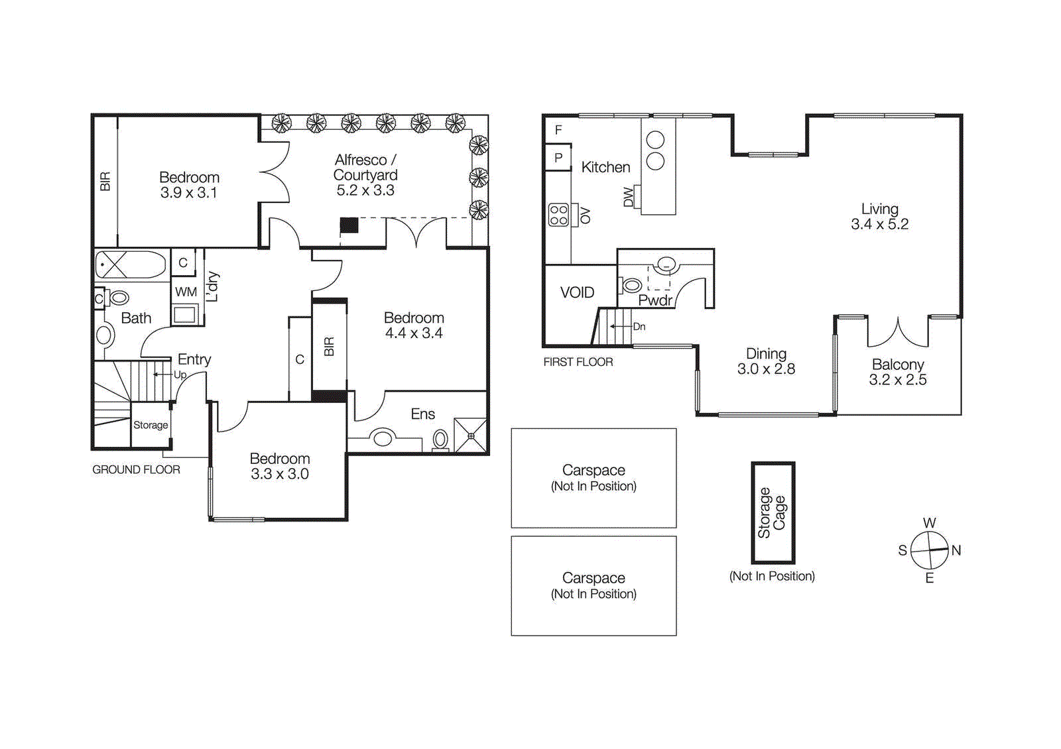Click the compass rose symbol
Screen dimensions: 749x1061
(x=930, y=550)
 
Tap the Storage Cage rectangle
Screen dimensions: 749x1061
(x=773, y=512)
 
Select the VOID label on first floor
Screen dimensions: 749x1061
(x=577, y=292)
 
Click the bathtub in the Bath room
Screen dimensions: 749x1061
(x=131, y=264)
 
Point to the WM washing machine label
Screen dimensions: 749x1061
(x=186, y=292)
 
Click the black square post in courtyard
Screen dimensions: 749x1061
(x=349, y=225)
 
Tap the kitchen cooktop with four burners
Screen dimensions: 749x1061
(x=559, y=215)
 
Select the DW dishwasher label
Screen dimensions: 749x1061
(x=629, y=198)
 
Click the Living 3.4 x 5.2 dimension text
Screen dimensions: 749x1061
(x=879, y=224)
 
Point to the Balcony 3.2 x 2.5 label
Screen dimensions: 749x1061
(x=897, y=372)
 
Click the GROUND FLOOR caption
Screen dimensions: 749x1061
(x=136, y=469)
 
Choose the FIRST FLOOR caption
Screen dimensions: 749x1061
(x=578, y=362)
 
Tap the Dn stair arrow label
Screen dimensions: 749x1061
(x=639, y=326)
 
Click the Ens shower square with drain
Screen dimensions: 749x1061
(x=471, y=435)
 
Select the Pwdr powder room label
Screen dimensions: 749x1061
(x=655, y=300)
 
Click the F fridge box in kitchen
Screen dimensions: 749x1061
(x=558, y=130)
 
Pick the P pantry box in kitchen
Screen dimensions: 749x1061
(x=558, y=158)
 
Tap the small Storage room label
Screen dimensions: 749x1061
(x=151, y=425)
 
